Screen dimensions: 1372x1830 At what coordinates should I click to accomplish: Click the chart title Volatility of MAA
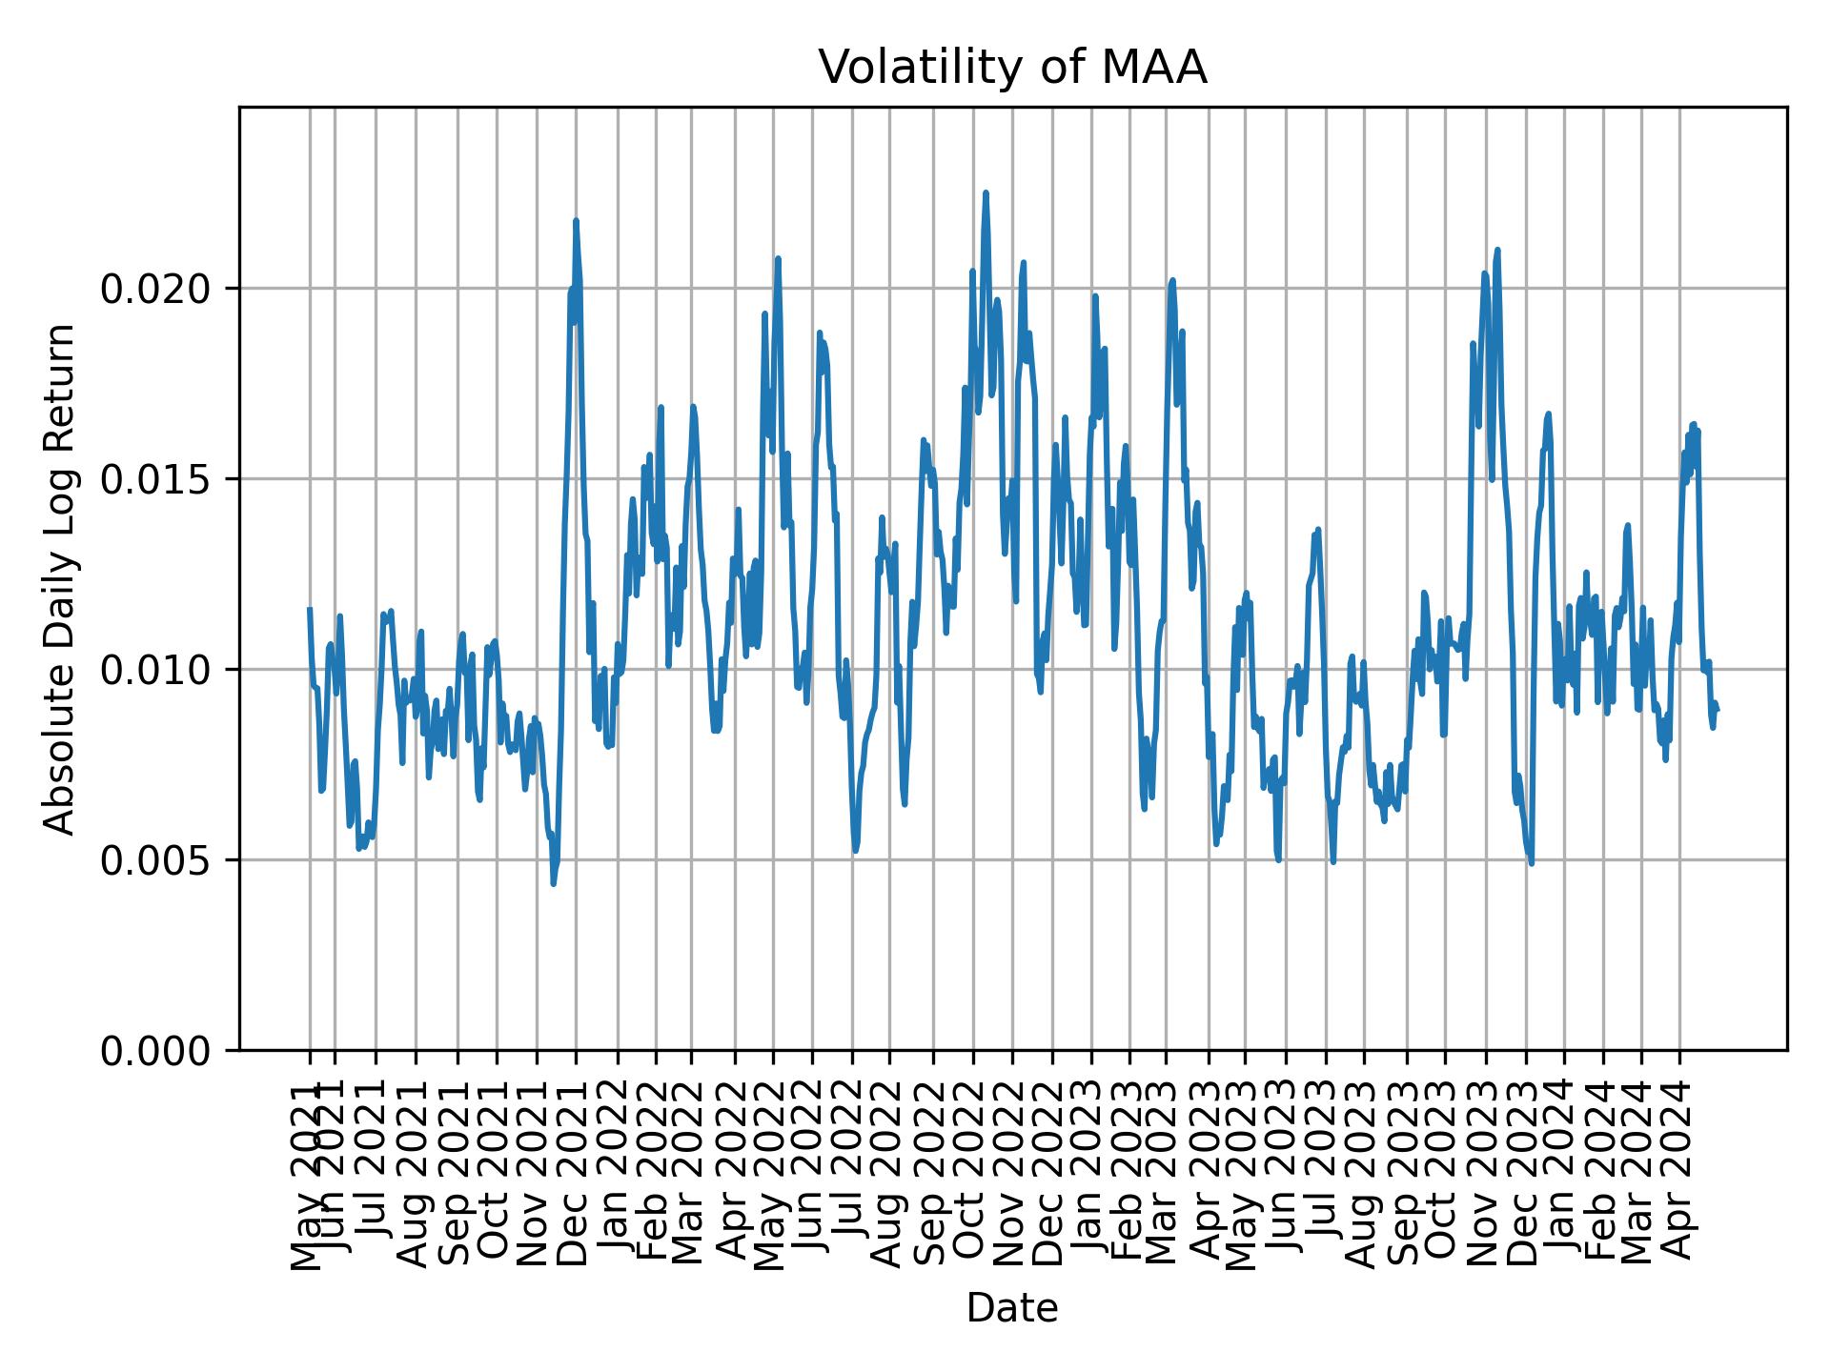coord(1012,68)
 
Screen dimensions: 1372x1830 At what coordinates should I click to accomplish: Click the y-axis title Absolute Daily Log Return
coord(61,578)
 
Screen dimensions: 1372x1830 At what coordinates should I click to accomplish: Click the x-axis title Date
coord(1012,1308)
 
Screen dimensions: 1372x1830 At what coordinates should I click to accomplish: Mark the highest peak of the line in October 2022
coord(986,192)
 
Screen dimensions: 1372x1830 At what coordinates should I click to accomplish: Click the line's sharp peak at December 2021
coord(576,221)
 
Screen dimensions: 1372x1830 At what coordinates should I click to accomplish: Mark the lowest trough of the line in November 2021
coord(554,884)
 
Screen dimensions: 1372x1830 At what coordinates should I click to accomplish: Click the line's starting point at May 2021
coord(310,609)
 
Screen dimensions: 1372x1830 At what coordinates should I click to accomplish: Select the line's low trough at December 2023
coord(1532,863)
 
